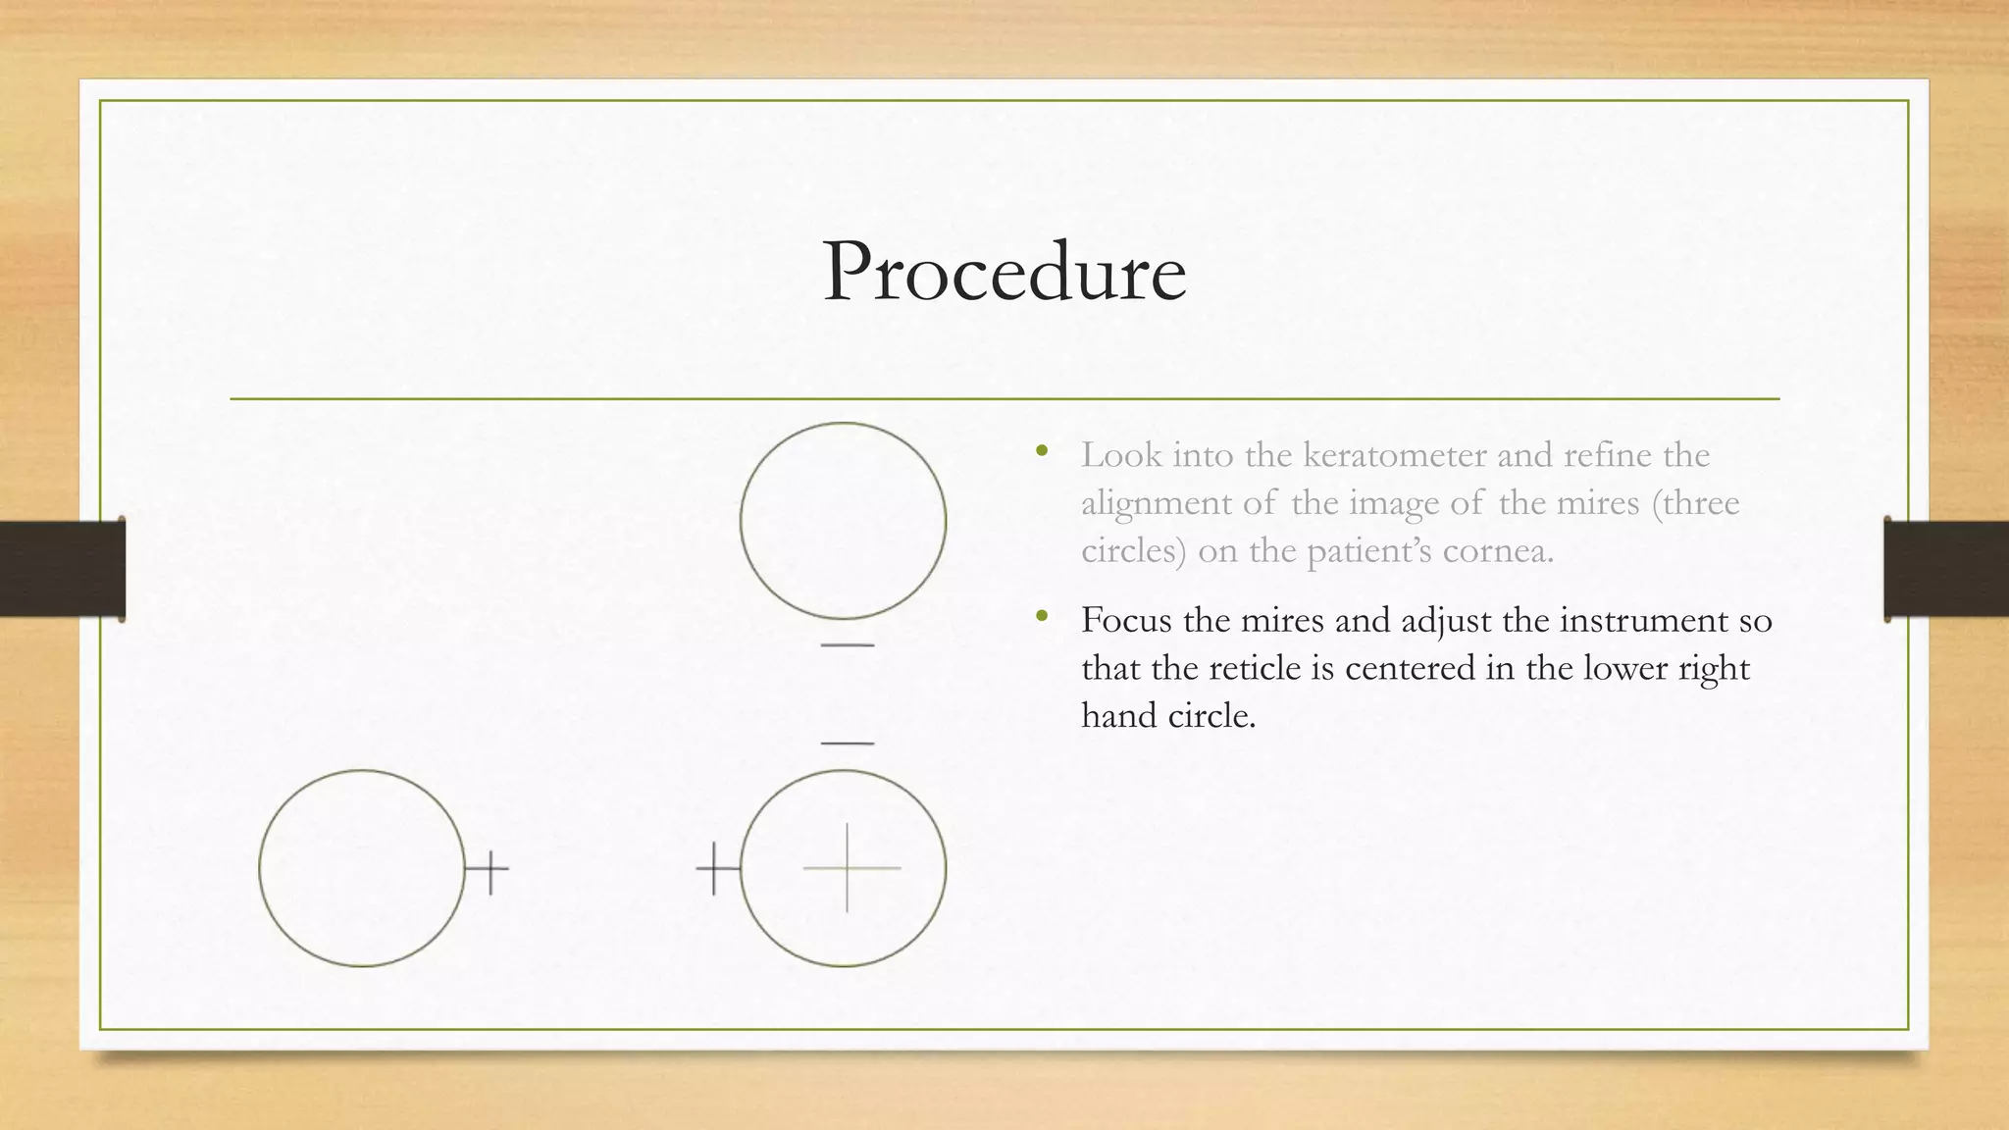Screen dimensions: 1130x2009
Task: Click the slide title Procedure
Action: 1004,272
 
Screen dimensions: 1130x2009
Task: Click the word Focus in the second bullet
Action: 1126,620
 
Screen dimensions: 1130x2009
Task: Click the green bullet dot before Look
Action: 1042,452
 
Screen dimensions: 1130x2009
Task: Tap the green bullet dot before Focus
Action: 1042,618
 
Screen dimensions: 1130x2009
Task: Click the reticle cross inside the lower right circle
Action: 848,868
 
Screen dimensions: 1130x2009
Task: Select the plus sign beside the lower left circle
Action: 489,867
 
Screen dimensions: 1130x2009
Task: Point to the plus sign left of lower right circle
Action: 715,868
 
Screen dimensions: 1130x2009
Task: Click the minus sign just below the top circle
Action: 847,645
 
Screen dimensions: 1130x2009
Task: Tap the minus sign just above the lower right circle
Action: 847,744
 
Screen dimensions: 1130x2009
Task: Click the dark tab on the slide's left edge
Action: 63,569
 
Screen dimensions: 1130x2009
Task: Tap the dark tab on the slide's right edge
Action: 1946,569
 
